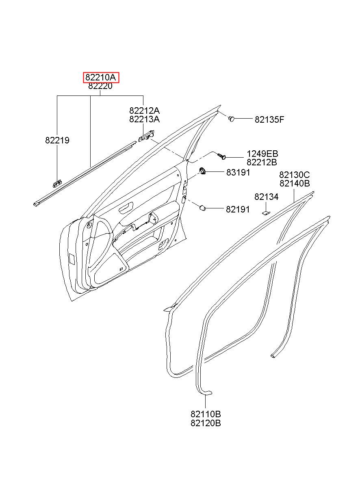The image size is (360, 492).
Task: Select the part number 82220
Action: (x=100, y=86)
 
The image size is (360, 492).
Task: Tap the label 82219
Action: (x=57, y=141)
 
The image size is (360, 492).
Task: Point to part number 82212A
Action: (x=144, y=111)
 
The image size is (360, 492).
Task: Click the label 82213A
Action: (x=144, y=119)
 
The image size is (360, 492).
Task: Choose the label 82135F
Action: (x=269, y=119)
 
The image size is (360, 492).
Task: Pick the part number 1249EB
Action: (x=262, y=154)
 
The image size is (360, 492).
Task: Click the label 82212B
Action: (x=262, y=163)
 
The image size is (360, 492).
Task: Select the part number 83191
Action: (x=238, y=172)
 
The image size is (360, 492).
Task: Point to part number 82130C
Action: (x=294, y=175)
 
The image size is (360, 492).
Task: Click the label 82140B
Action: (x=294, y=184)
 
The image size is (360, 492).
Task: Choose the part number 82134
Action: (x=267, y=197)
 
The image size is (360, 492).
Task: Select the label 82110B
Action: (x=206, y=414)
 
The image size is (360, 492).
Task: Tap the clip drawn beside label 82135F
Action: (x=231, y=119)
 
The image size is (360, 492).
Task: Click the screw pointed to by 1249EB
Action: (x=221, y=156)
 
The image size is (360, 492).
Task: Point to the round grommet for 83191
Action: (x=203, y=171)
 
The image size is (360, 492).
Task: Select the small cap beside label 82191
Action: (x=202, y=208)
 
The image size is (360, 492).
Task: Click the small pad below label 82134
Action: (x=265, y=211)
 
